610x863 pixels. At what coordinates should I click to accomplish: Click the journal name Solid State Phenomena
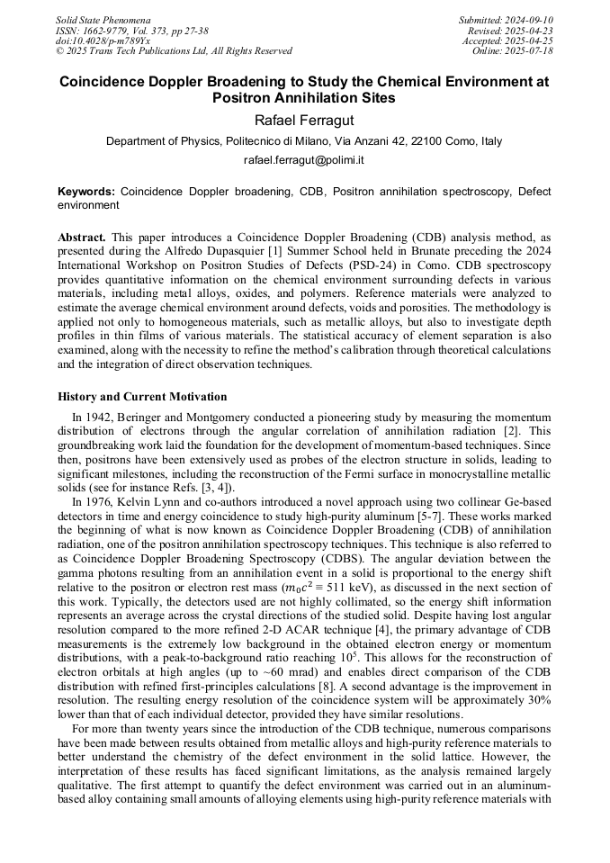point(103,20)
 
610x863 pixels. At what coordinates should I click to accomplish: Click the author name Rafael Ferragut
point(304,119)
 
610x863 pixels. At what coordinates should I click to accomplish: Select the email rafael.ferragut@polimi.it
point(304,160)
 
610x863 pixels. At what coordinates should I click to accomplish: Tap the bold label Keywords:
point(86,192)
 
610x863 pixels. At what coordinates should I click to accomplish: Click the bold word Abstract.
point(82,238)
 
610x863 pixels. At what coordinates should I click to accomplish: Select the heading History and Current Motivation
point(142,397)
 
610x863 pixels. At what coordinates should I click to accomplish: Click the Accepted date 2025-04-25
point(522,41)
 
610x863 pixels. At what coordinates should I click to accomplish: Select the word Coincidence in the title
point(111,81)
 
